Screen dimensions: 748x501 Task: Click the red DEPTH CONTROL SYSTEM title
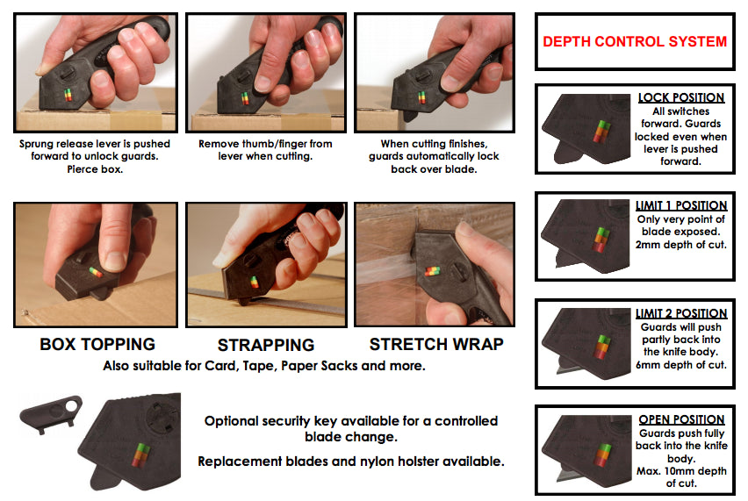635,41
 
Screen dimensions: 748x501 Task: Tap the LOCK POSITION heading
681,97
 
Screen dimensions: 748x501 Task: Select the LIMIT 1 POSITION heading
681,205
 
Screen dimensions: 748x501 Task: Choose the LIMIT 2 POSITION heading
681,313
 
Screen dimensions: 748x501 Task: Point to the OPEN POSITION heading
681,419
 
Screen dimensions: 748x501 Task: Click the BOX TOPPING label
97,344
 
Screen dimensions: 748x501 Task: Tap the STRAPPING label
266,345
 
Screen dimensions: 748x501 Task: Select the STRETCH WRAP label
436,344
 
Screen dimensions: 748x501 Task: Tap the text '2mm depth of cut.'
681,245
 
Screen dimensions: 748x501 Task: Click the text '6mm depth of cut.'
681,365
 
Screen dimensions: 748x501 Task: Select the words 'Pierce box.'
95,169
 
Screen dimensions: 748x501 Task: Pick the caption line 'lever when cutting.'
265,156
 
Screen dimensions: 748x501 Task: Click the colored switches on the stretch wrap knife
433,272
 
